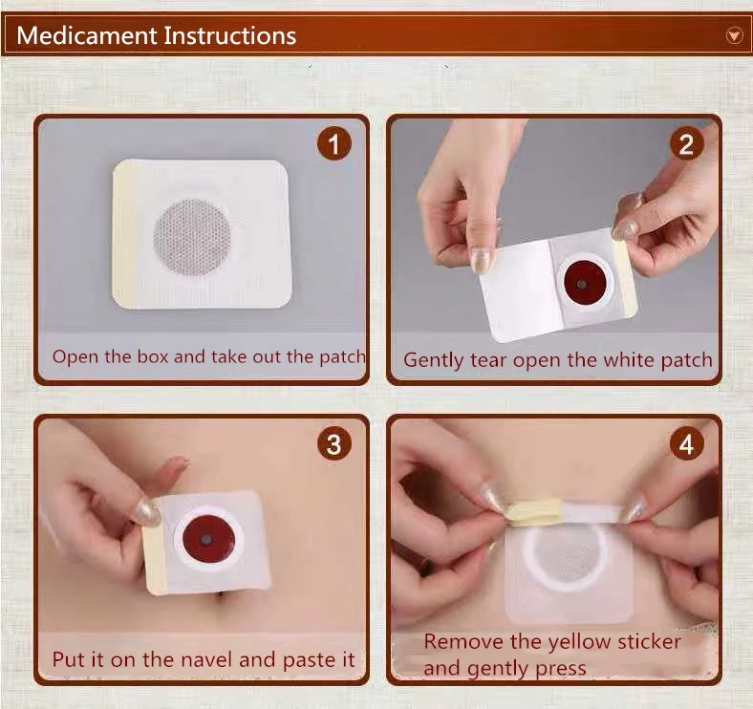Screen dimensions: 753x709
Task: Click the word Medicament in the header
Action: coord(87,35)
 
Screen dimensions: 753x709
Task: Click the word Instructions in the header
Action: coord(230,35)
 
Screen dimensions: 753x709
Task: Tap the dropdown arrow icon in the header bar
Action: coord(734,35)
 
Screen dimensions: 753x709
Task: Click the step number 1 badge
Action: coord(334,144)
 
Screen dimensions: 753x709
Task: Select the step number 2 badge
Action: coord(687,144)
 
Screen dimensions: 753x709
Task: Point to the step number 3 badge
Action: coord(334,444)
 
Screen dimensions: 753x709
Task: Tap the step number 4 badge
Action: coord(687,444)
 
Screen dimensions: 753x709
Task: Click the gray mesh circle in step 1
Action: coord(192,237)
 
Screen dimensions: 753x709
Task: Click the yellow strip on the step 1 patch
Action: coord(124,234)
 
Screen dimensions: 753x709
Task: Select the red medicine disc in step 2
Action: coord(584,283)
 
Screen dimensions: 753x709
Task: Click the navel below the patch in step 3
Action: coord(221,596)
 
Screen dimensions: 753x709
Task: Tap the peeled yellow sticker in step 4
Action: coord(534,510)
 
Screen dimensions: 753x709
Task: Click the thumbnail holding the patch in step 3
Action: coord(146,511)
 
